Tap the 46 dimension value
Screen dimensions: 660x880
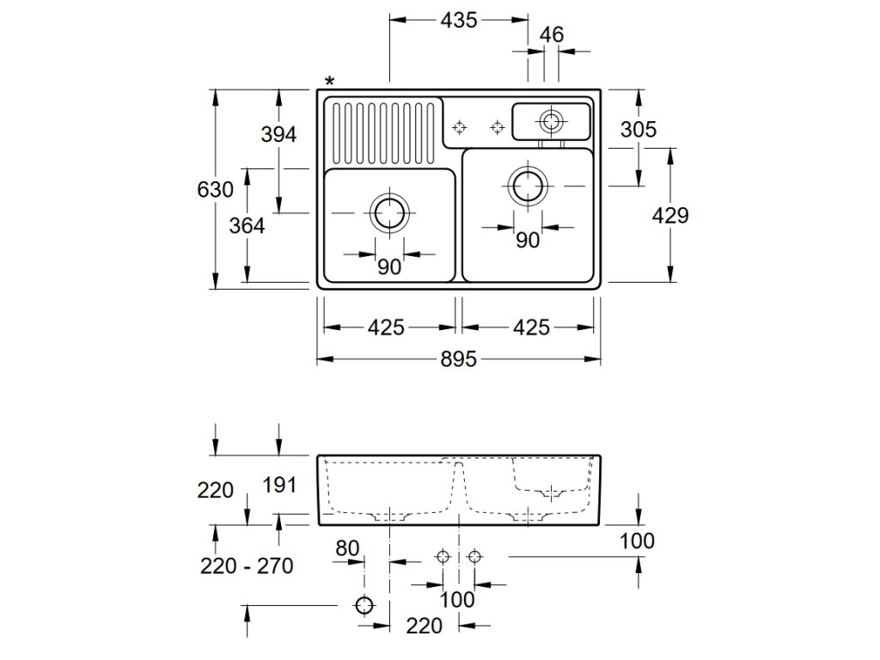[552, 35]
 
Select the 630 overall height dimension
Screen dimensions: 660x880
[215, 189]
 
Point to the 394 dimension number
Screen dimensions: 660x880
[278, 134]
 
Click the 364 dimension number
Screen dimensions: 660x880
[247, 225]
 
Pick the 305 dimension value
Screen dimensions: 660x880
[639, 129]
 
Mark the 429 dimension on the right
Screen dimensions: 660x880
[670, 215]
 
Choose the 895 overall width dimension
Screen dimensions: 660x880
[459, 360]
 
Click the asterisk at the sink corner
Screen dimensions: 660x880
[330, 82]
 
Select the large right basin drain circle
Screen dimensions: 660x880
[527, 185]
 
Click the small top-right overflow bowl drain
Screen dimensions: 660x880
[549, 119]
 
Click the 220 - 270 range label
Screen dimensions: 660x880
[247, 565]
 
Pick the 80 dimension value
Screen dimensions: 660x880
[347, 547]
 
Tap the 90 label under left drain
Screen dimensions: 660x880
[389, 267]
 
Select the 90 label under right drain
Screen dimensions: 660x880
[528, 241]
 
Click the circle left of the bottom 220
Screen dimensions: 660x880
[365, 606]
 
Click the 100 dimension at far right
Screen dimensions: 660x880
[637, 541]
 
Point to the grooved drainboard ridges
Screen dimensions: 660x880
[383, 132]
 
